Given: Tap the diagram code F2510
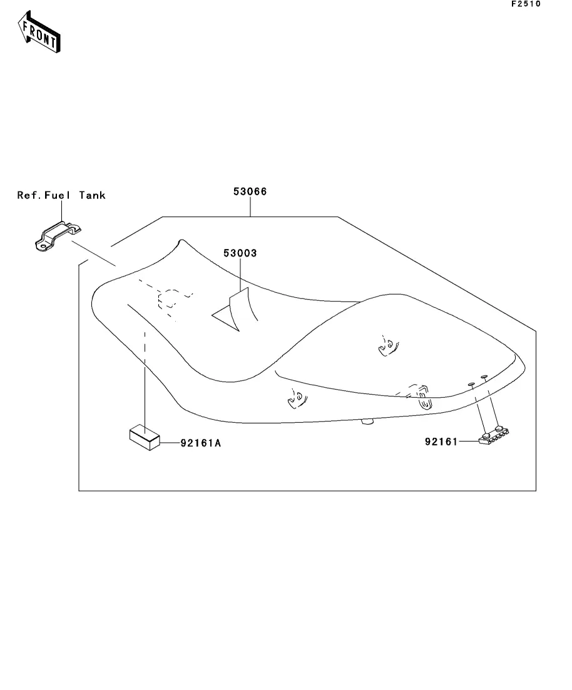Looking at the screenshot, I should [x=525, y=4].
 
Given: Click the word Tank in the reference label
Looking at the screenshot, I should [x=93, y=195].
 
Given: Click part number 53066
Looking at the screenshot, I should [x=250, y=191].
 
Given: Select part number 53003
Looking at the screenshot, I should [x=240, y=253].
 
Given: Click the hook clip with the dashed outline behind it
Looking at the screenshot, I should [x=424, y=399].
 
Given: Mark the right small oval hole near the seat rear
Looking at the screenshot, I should [x=484, y=377].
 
